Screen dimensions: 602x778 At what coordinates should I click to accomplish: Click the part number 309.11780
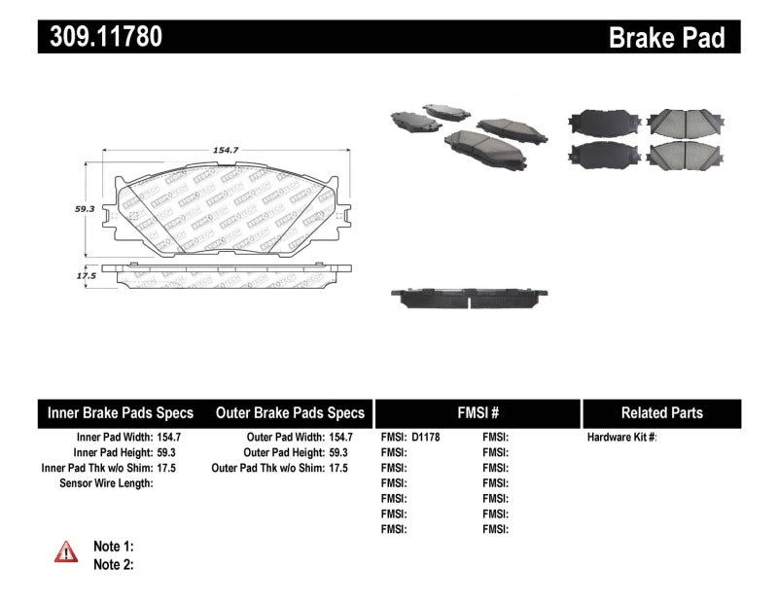(x=100, y=37)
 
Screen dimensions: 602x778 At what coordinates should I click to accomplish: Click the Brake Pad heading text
(x=667, y=38)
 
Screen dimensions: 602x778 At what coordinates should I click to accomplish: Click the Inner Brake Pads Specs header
(x=121, y=412)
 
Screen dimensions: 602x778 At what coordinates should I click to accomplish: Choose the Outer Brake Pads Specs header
(x=291, y=412)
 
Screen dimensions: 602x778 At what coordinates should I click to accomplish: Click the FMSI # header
(x=477, y=412)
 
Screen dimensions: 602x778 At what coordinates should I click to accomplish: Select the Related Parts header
(x=661, y=412)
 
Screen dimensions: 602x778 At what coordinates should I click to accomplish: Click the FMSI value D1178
(x=426, y=438)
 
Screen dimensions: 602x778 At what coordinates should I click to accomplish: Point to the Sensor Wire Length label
(x=106, y=483)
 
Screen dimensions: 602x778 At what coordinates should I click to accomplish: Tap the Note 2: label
(x=113, y=564)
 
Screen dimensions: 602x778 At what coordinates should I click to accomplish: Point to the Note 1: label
(x=113, y=546)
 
